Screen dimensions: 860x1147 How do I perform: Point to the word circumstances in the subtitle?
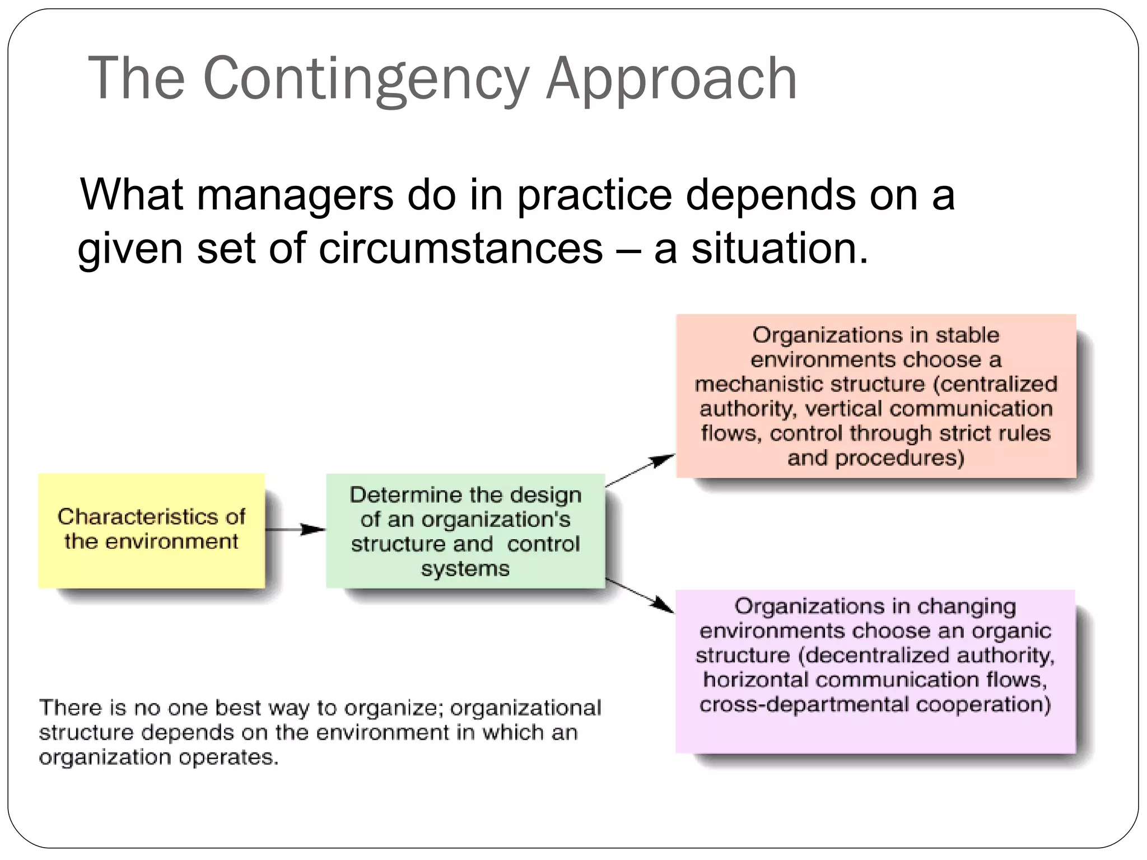(460, 248)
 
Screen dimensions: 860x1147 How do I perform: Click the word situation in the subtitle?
(778, 248)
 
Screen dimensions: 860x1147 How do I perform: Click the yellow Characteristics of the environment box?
(151, 531)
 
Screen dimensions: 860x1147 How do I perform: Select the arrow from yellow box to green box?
(295, 529)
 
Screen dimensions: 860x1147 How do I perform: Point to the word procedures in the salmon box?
(899, 458)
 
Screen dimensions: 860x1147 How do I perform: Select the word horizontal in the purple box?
(756, 680)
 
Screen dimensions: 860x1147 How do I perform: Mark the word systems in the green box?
(465, 569)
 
